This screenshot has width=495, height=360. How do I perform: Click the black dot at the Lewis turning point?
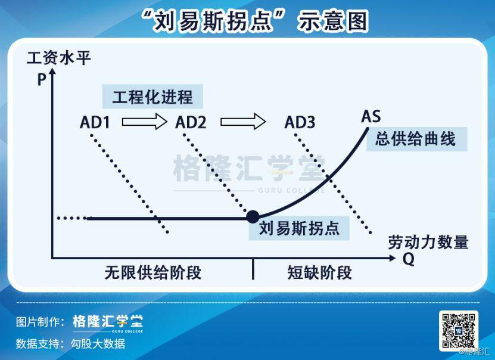253,217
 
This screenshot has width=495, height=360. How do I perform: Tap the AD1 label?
95,123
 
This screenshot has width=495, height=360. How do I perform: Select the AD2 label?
191,123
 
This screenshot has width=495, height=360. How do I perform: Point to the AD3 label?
300,123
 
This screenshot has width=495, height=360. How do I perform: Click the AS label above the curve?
371,116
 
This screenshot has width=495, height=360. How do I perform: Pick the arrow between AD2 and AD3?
243,122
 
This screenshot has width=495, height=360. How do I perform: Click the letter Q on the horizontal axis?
409,259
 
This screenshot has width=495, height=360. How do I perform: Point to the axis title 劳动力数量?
428,242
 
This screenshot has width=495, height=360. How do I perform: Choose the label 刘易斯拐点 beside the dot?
300,228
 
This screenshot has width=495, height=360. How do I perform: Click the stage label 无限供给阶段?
153,273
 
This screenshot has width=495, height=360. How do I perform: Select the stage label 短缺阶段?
320,273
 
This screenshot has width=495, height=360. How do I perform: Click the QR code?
458,330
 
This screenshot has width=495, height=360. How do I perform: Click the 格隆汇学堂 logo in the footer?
108,322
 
